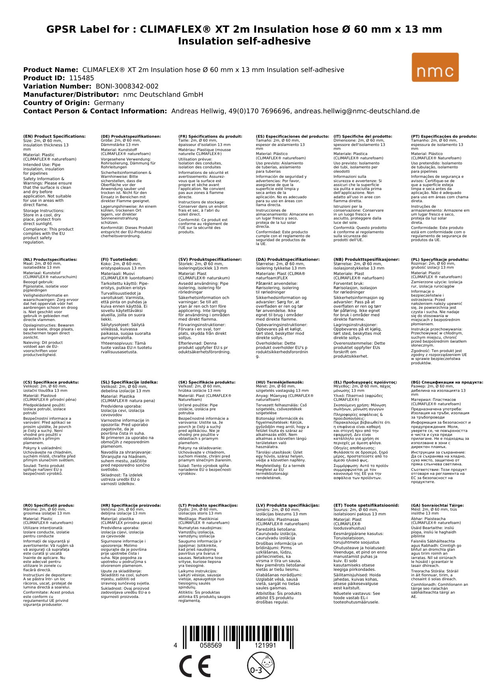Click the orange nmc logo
tap(435, 67)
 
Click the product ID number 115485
tap(82, 78)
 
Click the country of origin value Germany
tap(109, 103)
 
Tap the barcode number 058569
tap(211, 645)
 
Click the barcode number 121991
tap(266, 645)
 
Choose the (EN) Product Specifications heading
tap(54, 137)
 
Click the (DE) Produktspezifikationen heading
tap(131, 137)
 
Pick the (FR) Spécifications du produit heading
tap(210, 137)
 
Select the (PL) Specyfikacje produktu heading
tap(440, 260)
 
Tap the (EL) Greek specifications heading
tap(365, 382)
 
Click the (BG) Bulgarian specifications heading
tap(447, 382)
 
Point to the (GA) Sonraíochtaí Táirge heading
tap(437, 506)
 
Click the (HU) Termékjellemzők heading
tap(280, 382)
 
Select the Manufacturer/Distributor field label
tap(71, 94)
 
